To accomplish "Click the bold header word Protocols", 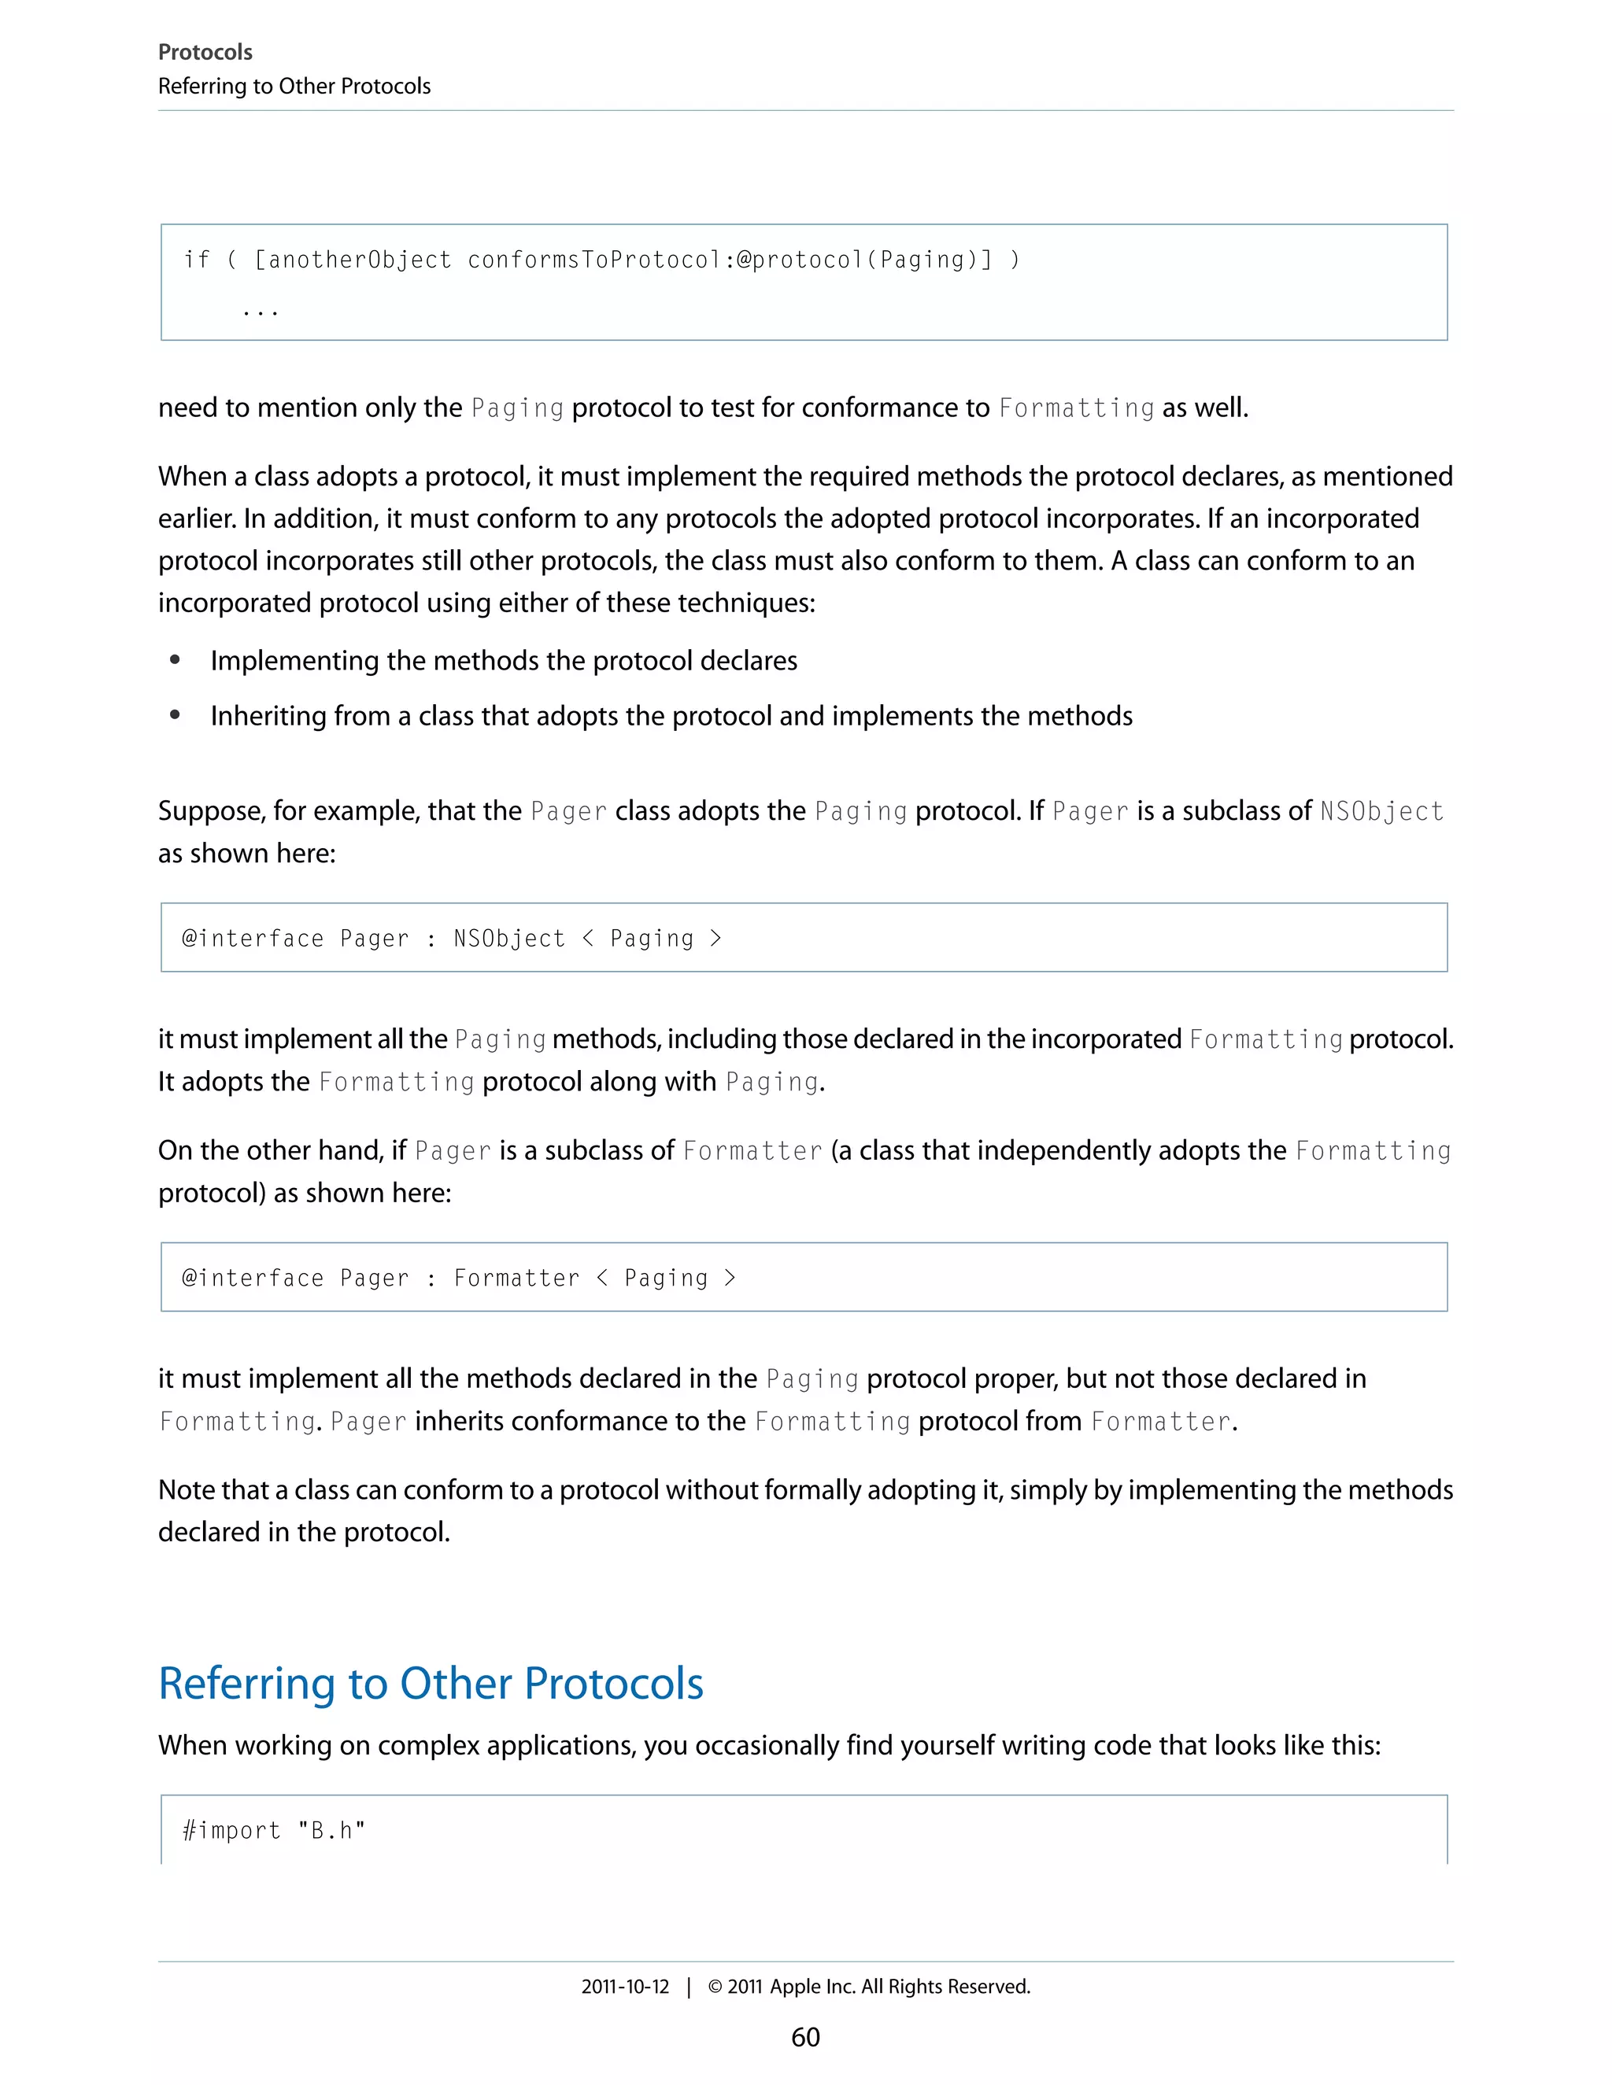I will [x=205, y=53].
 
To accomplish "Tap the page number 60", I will [x=805, y=2036].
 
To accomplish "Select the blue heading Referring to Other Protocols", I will [x=431, y=1683].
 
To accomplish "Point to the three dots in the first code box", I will [x=260, y=312].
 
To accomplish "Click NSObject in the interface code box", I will [x=509, y=939].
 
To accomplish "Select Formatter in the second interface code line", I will [x=516, y=1279].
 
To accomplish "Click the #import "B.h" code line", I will [x=274, y=1830].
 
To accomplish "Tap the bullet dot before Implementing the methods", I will [x=175, y=659].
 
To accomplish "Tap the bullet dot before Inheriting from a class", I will [x=175, y=715].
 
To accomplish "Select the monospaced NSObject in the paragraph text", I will [x=1381, y=811].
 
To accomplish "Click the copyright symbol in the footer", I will [x=715, y=1987].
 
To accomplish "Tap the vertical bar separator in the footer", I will [x=689, y=1987].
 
